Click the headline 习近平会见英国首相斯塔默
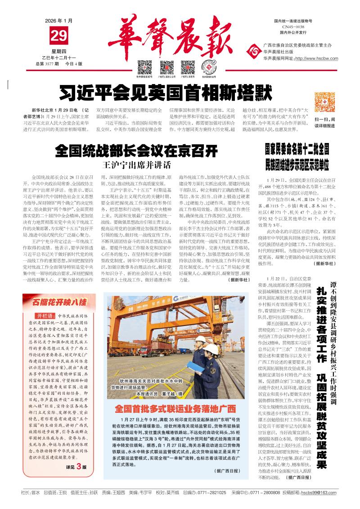pos(166,94)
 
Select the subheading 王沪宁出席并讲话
pos(137,164)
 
